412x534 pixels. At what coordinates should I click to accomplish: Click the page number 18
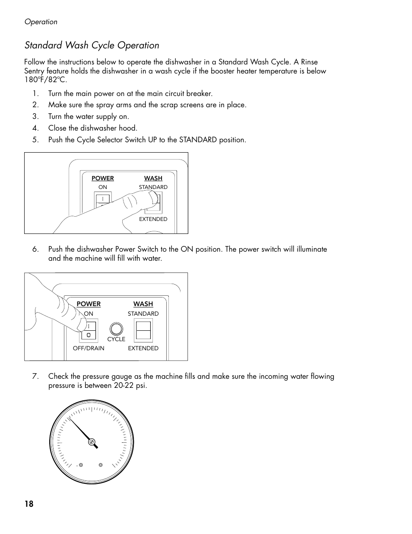(x=29, y=504)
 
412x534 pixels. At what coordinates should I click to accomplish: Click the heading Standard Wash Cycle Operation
(x=92, y=45)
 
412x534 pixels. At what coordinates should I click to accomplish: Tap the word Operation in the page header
(x=41, y=22)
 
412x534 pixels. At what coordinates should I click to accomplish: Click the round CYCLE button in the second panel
(x=116, y=328)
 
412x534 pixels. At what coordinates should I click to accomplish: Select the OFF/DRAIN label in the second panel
(x=89, y=348)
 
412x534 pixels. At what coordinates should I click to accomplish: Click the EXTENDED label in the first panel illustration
(x=153, y=219)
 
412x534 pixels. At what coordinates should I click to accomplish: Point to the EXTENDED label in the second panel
(x=143, y=348)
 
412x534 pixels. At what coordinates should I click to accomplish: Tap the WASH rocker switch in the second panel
(x=143, y=331)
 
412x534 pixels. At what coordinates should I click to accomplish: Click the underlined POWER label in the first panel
(x=102, y=178)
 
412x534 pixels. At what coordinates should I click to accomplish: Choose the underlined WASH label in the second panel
(x=143, y=304)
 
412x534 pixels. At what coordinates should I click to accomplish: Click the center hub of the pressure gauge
(x=92, y=442)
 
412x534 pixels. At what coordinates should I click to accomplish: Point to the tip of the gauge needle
(x=70, y=418)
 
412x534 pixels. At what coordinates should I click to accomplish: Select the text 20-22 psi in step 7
(x=130, y=385)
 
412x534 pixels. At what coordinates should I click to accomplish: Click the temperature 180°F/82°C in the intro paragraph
(x=45, y=80)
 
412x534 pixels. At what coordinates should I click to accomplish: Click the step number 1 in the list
(x=35, y=93)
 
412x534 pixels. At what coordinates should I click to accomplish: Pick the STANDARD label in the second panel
(x=143, y=313)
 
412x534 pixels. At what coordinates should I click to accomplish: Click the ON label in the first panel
(x=102, y=187)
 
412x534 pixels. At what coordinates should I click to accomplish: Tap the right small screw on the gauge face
(x=101, y=465)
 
